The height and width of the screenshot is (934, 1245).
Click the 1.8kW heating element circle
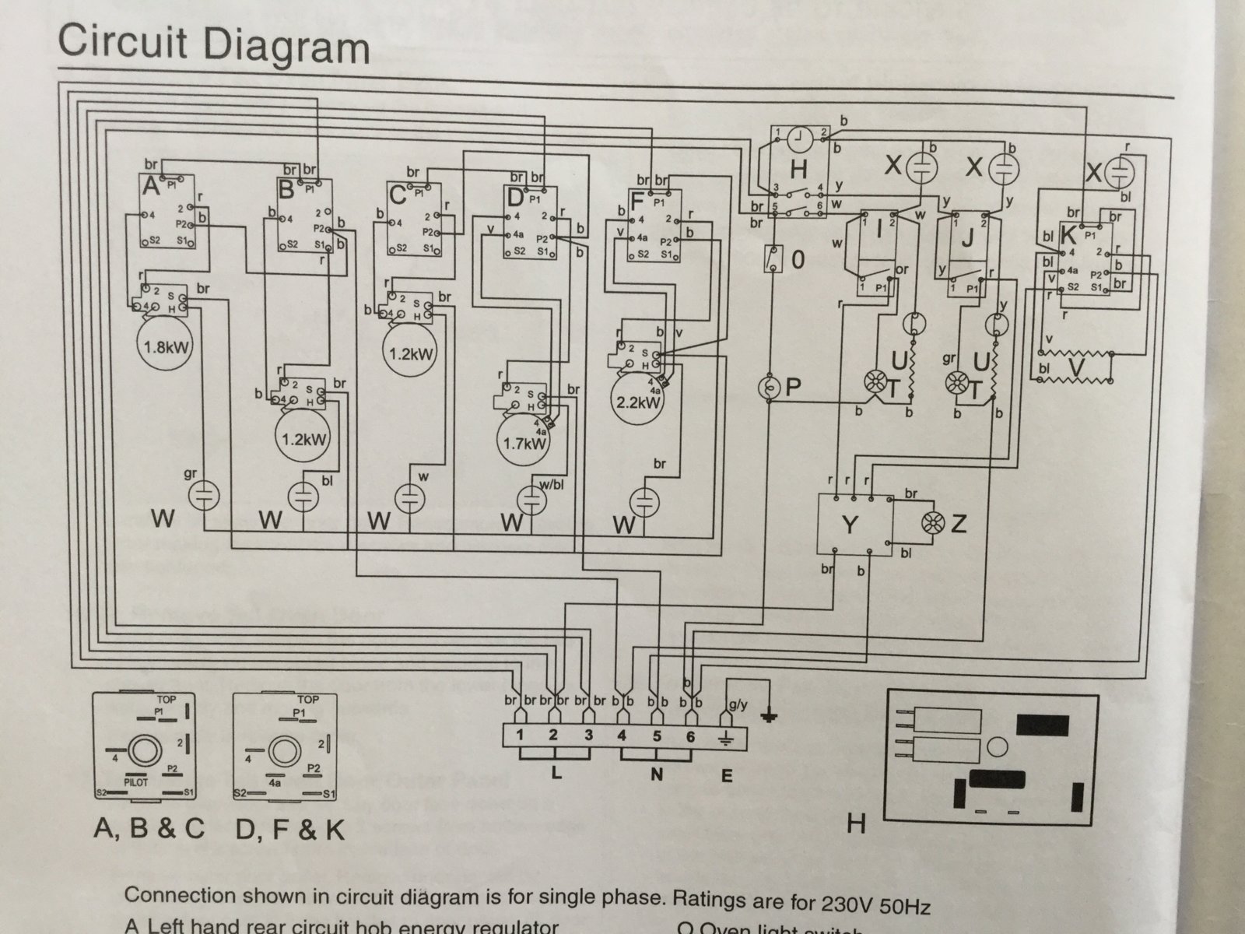[166, 346]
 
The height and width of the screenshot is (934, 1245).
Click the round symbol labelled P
[771, 387]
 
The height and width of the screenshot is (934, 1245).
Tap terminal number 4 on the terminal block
[622, 735]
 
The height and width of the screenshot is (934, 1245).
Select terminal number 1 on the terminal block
[519, 735]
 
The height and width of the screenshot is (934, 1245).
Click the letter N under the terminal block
[658, 775]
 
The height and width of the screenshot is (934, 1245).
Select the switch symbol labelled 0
[773, 259]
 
